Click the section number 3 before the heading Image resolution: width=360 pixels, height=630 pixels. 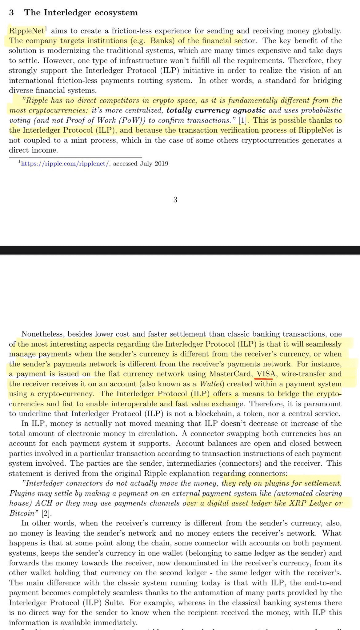click(11, 13)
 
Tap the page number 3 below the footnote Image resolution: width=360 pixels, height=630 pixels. click(175, 200)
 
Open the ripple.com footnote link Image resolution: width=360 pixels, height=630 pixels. click(65, 164)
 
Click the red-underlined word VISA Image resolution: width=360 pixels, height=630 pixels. click(264, 374)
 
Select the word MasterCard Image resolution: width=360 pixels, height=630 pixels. click(230, 374)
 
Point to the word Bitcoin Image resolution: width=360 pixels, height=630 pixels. click(22, 513)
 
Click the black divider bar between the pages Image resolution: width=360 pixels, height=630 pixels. click(180, 250)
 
